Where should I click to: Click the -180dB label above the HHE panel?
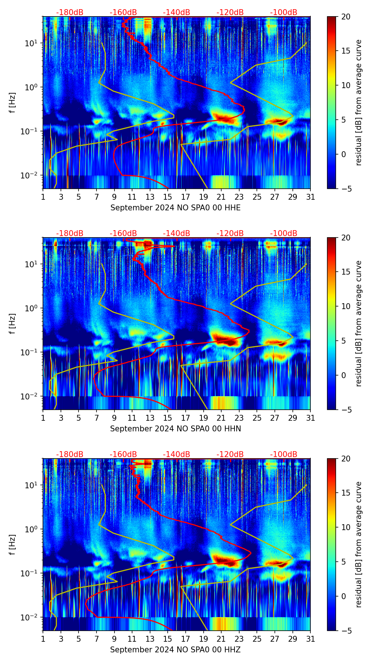(70, 12)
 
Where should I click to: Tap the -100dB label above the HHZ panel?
(284, 454)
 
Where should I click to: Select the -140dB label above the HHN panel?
(176, 233)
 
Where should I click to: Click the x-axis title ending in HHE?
(175, 208)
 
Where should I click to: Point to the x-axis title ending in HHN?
(175, 429)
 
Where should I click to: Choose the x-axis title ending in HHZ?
(175, 650)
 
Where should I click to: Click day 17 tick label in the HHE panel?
(186, 197)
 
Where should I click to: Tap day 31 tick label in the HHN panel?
(310, 418)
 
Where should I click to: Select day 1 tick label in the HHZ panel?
(43, 639)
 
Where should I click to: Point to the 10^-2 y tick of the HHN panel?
(31, 396)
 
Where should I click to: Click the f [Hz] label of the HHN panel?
(12, 323)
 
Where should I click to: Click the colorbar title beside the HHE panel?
(358, 102)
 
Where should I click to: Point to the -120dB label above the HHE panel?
(230, 12)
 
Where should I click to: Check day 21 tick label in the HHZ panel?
(221, 639)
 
